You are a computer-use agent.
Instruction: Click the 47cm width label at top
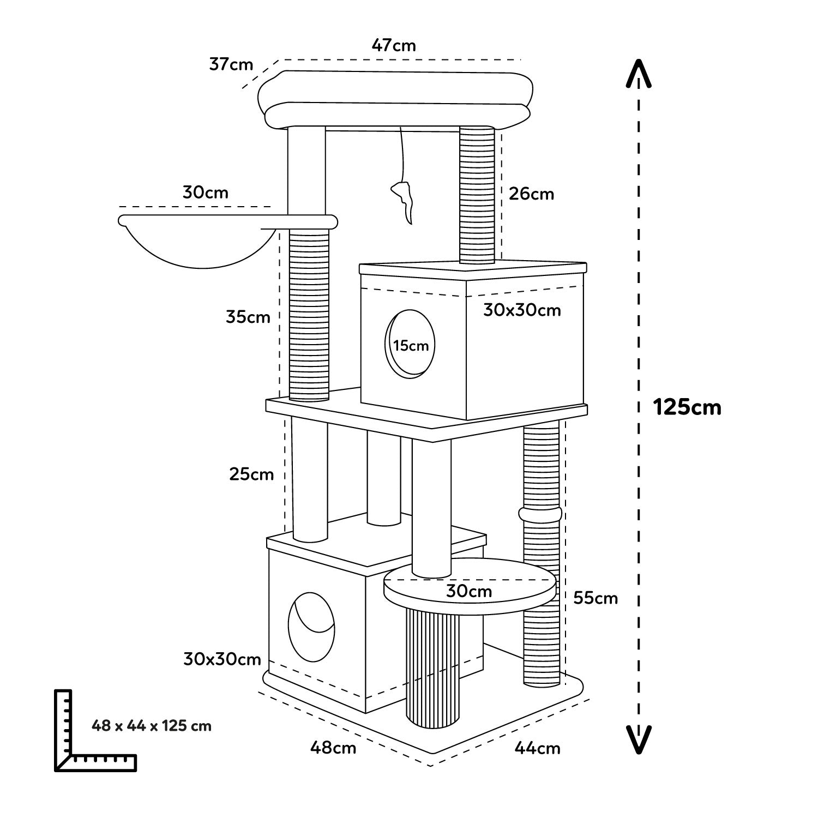(x=394, y=45)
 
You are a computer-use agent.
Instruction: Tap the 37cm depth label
(x=231, y=64)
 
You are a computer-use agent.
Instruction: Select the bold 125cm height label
(x=687, y=407)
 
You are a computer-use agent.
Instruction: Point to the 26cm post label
(x=531, y=194)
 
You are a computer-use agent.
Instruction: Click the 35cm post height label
(x=248, y=317)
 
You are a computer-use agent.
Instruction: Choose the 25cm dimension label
(x=251, y=474)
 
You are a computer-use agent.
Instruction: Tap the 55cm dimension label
(x=596, y=598)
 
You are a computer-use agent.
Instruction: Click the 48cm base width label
(x=333, y=747)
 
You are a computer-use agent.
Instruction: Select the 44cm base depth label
(x=537, y=748)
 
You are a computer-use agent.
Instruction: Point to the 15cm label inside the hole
(x=411, y=346)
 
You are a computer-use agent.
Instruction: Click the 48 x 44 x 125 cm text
(x=152, y=726)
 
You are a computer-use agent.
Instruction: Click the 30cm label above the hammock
(x=206, y=193)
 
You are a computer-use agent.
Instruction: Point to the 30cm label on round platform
(x=469, y=591)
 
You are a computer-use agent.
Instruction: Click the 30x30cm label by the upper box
(x=522, y=310)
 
